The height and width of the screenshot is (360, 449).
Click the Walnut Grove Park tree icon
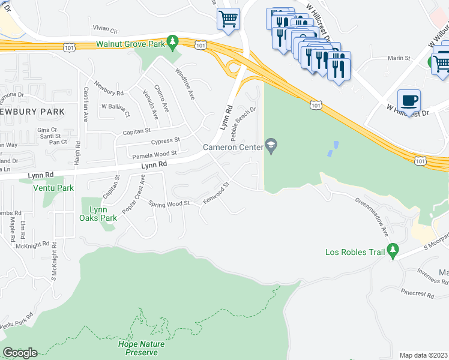coord(173,41)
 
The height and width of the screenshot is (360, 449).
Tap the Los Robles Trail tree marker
coord(393,248)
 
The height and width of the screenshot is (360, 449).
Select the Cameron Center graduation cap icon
coord(272,146)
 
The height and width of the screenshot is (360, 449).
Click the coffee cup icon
coord(409,100)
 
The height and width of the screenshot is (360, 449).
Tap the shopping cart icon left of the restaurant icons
coord(228,19)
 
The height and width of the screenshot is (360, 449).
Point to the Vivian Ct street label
coord(105,29)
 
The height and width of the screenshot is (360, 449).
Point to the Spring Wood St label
coord(169,203)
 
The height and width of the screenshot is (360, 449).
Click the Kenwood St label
coord(216,193)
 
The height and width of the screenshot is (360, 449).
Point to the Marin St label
coord(399,58)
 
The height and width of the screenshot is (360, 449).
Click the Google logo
coord(20,353)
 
